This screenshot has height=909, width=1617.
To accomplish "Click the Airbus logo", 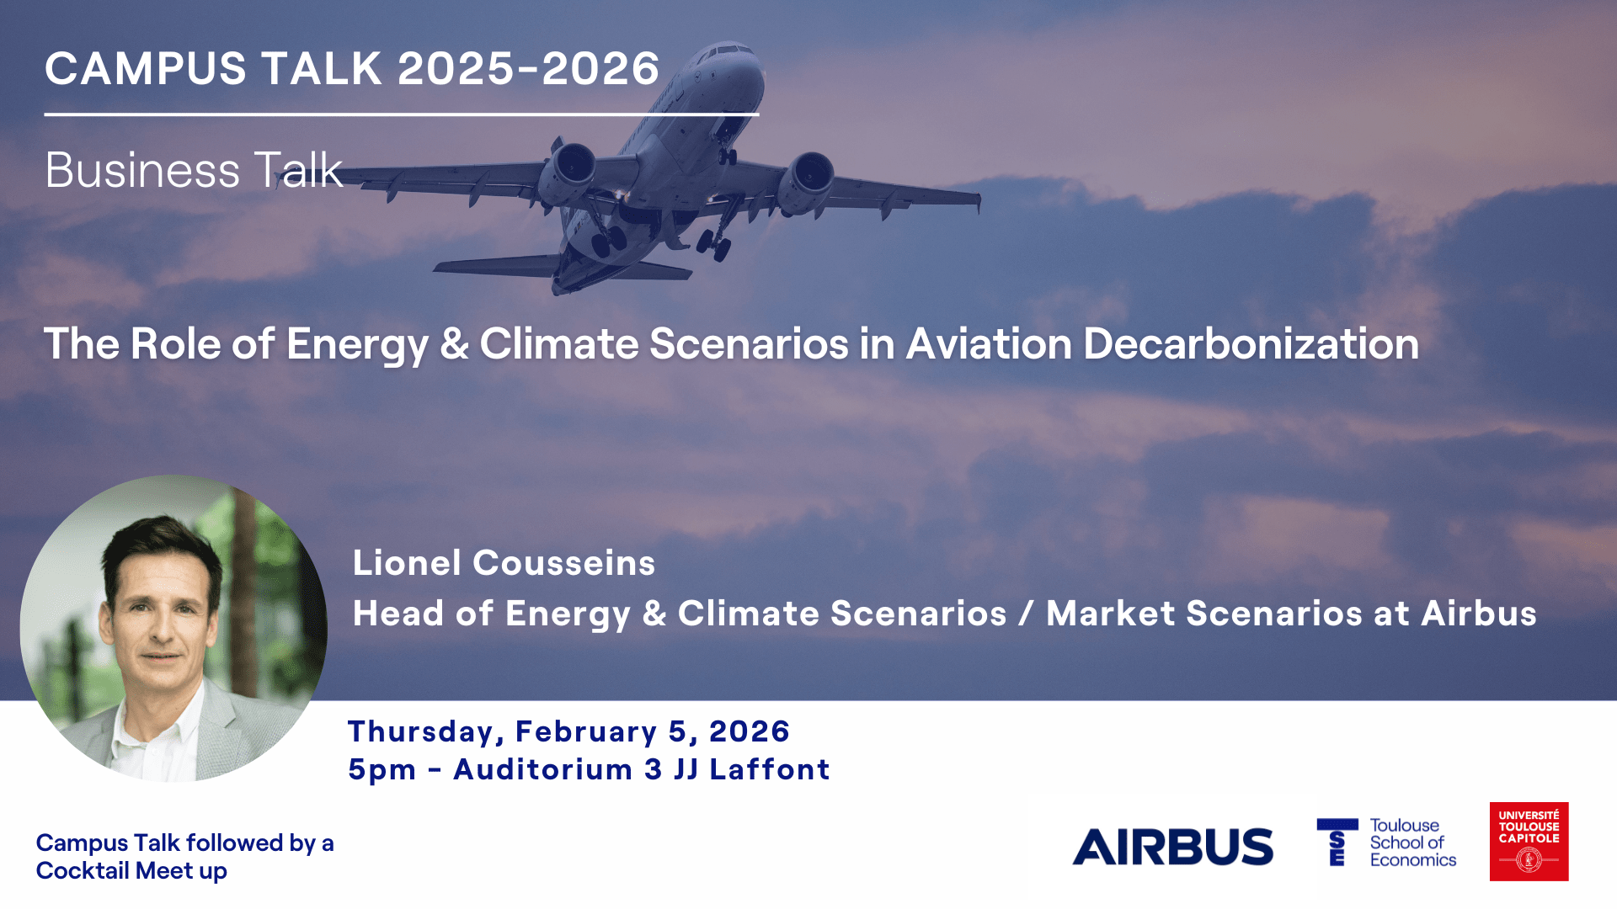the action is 1172,847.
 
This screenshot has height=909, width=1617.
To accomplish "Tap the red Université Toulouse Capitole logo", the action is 1529,842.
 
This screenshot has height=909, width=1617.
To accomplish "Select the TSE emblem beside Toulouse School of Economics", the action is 1337,842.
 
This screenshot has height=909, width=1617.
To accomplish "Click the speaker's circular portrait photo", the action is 173,628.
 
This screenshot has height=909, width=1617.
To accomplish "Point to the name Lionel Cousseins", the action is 504,563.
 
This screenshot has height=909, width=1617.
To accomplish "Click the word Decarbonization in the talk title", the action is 1251,344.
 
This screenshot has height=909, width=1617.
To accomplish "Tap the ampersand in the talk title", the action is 455,344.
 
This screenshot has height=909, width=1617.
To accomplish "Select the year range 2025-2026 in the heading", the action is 528,68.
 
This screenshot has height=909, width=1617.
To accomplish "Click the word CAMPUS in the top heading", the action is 146,68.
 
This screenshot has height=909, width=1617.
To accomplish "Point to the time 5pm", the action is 382,770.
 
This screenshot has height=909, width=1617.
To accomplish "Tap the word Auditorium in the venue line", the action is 543,769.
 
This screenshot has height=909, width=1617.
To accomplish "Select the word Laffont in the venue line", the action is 770,769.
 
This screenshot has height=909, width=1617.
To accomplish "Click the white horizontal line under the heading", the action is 402,114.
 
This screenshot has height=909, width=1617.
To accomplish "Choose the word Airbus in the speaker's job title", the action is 1479,614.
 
